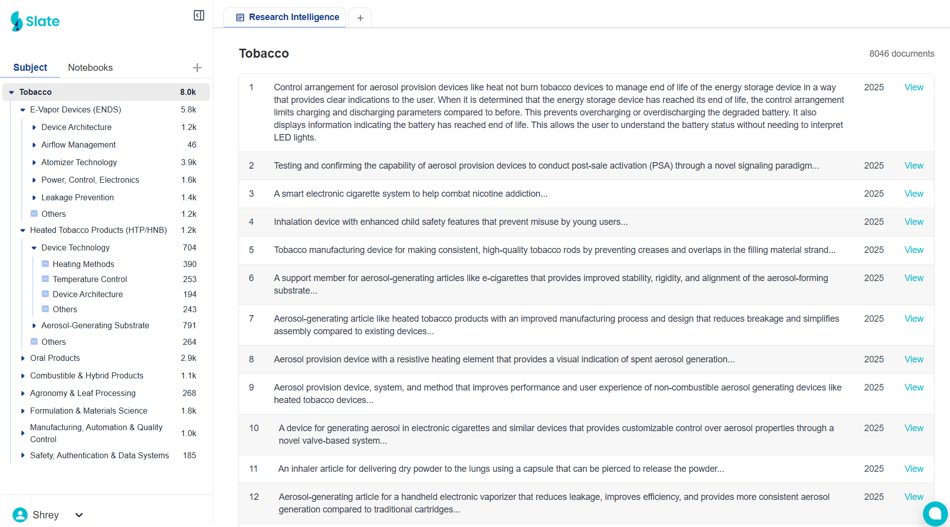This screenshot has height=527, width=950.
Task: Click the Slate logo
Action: click(35, 21)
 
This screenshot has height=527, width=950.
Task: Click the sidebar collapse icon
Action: click(199, 16)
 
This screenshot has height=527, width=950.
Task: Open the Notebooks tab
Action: click(90, 68)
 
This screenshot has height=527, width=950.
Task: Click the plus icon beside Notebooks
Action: click(197, 68)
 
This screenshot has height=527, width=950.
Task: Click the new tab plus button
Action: click(360, 18)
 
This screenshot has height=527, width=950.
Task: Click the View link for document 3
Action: click(913, 194)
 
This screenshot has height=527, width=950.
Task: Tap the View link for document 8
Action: click(913, 359)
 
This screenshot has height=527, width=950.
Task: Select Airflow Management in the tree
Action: click(78, 145)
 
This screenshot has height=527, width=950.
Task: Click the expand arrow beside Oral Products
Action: click(23, 358)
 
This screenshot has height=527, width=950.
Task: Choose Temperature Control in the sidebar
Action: click(89, 279)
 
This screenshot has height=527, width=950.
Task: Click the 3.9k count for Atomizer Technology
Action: click(189, 163)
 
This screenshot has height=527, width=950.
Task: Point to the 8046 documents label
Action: click(901, 54)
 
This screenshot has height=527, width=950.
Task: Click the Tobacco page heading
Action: click(264, 54)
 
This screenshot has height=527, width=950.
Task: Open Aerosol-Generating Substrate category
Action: click(95, 326)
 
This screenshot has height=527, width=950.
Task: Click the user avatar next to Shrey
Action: click(20, 515)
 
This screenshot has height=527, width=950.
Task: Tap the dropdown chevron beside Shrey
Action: click(79, 515)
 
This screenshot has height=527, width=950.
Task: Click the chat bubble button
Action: click(934, 513)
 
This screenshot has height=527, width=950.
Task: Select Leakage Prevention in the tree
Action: click(77, 198)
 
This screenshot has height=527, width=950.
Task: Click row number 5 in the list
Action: click(251, 250)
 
